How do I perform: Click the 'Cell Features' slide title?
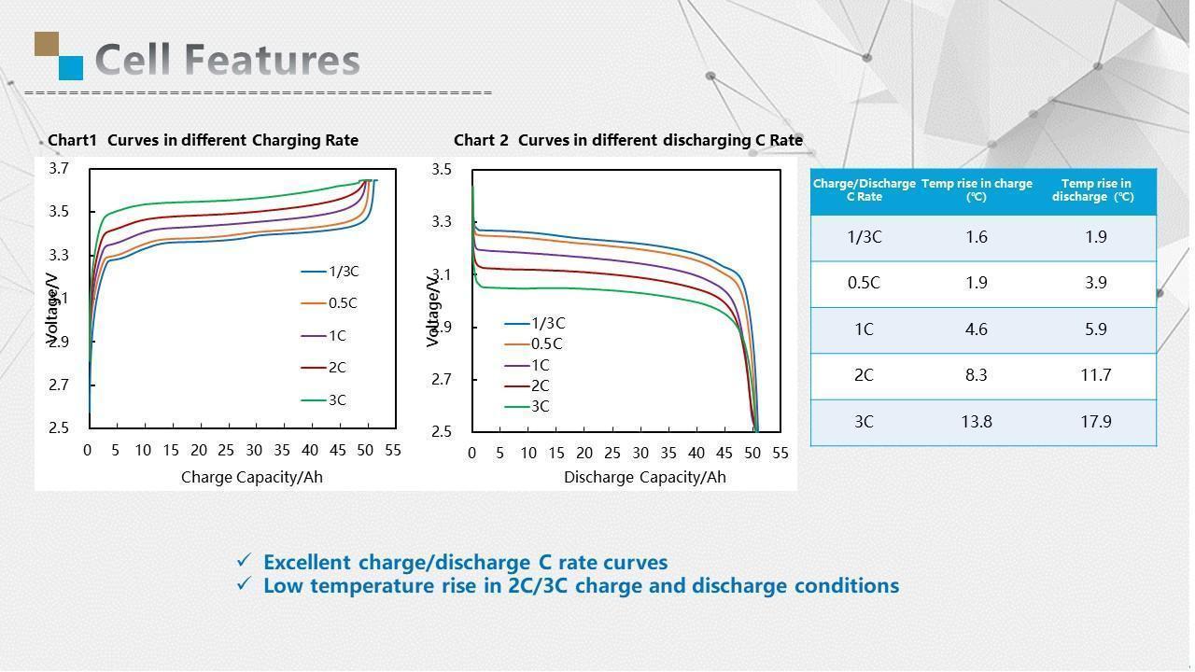[227, 60]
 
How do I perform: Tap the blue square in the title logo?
[71, 67]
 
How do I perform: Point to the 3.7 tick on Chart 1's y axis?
[60, 169]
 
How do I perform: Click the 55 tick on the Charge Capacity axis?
[393, 450]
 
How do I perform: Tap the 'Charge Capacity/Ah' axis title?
[251, 477]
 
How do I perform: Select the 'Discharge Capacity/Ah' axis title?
[644, 477]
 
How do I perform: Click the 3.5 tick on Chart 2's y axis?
[443, 170]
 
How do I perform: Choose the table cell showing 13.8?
[976, 422]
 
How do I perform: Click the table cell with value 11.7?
[1095, 375]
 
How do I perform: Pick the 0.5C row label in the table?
[864, 283]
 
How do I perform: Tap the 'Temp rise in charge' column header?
[977, 189]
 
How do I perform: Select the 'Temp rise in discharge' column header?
[1095, 189]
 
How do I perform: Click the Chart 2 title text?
[628, 140]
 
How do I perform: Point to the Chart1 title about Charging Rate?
[203, 140]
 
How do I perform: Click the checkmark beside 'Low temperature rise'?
[245, 583]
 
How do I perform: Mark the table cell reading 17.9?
[1095, 422]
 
